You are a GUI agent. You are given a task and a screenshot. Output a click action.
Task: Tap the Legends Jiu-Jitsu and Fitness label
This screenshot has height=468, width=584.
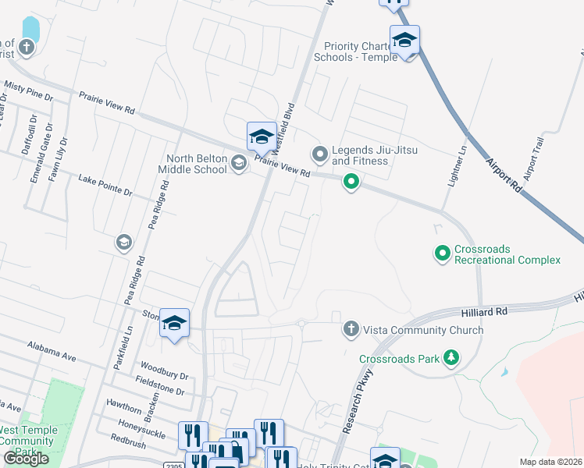pos(360,155)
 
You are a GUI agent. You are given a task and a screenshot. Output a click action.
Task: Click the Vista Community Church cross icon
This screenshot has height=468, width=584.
pos(351,329)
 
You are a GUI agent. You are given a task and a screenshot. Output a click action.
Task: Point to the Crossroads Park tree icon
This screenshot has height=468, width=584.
pos(450,358)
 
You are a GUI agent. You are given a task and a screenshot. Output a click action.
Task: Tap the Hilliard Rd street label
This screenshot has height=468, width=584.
pos(490,310)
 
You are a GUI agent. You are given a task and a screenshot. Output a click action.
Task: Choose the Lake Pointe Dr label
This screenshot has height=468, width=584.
pos(105,185)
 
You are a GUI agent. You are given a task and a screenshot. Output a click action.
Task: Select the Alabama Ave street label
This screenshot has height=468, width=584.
pos(52,350)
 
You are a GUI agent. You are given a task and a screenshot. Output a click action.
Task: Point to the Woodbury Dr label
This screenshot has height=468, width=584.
pos(165,371)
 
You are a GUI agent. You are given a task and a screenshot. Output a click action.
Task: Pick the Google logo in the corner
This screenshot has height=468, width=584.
pos(26,459)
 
